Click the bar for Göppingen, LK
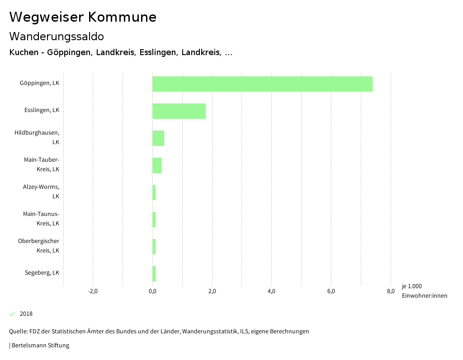coord(262,84)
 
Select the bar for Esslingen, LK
coord(179,111)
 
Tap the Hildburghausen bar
coord(158,138)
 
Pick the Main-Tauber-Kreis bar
coord(157,165)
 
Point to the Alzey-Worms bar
coord(154,192)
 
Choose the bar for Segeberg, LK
coord(154,274)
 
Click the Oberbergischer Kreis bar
coord(154,247)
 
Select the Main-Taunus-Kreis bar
coord(154,220)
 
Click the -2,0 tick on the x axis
coord(93,291)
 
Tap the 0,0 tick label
coord(152,291)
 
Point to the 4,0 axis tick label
coord(271,291)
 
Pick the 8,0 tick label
coord(391,291)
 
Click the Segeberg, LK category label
coord(42,272)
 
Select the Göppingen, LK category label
coord(39,83)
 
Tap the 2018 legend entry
coord(26,313)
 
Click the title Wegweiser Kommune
coord(83,17)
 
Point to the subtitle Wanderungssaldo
coord(57,36)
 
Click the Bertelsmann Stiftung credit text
coord(40,345)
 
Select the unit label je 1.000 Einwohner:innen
coord(424,291)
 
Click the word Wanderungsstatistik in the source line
coord(212,331)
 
